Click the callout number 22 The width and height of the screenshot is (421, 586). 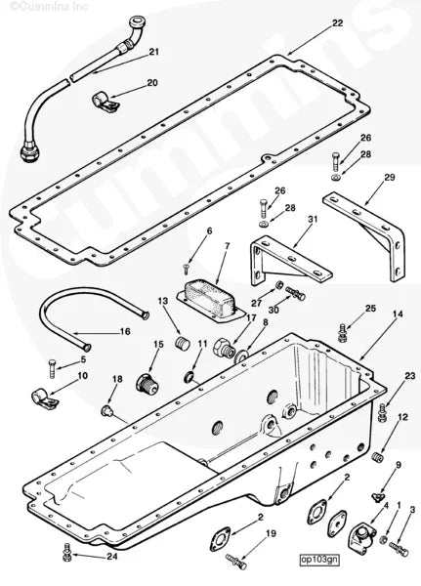(310, 22)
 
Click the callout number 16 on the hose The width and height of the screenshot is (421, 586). (125, 332)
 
